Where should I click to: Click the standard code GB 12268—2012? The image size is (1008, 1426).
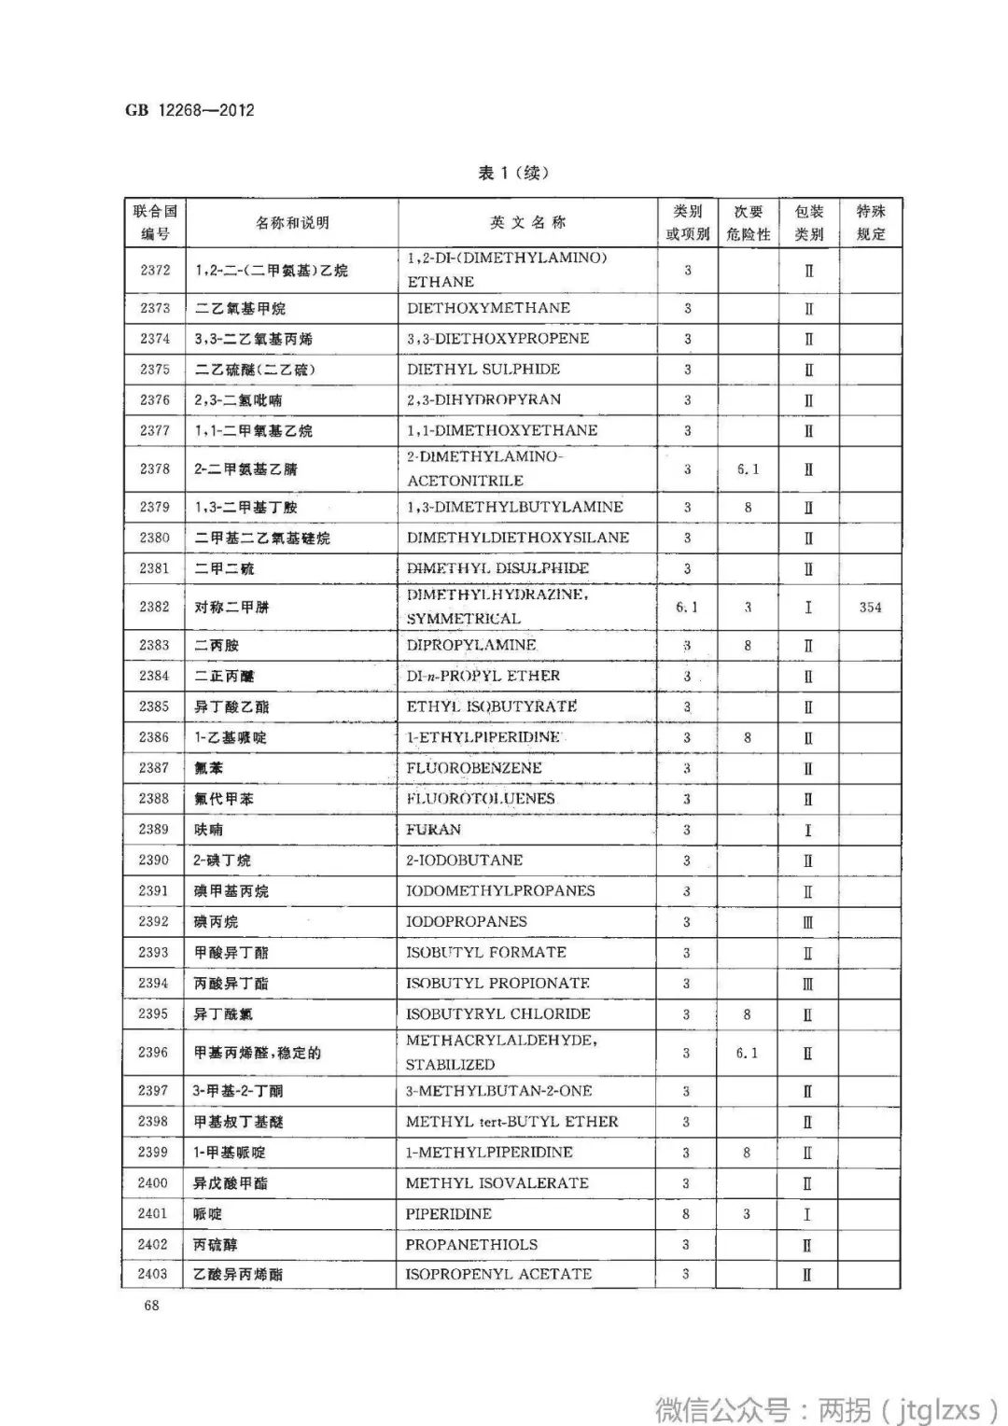click(x=189, y=110)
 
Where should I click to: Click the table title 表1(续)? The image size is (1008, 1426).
click(x=513, y=173)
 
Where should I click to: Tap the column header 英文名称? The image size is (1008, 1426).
click(x=527, y=223)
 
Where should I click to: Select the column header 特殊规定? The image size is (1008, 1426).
click(x=871, y=223)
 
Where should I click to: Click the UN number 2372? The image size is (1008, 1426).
click(x=155, y=271)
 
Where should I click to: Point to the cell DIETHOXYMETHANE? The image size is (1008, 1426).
click(x=488, y=308)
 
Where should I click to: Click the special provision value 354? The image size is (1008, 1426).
click(x=870, y=608)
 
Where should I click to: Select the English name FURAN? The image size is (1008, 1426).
click(x=433, y=830)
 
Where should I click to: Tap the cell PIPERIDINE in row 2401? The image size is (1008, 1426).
click(x=448, y=1214)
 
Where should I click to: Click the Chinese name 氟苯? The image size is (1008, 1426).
click(x=209, y=768)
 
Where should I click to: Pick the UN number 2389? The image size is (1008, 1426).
click(x=154, y=830)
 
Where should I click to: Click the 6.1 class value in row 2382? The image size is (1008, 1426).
click(x=687, y=608)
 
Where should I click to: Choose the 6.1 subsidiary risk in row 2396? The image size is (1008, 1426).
click(x=747, y=1053)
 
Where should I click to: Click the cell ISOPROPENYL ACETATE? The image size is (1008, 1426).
click(x=498, y=1274)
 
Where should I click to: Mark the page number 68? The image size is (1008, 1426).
click(x=151, y=1306)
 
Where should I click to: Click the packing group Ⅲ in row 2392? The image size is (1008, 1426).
click(x=808, y=922)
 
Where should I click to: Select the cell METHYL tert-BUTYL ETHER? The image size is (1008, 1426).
click(x=511, y=1122)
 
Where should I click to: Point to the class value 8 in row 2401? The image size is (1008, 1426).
click(x=686, y=1214)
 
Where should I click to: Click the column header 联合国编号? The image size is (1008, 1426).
click(x=155, y=223)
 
